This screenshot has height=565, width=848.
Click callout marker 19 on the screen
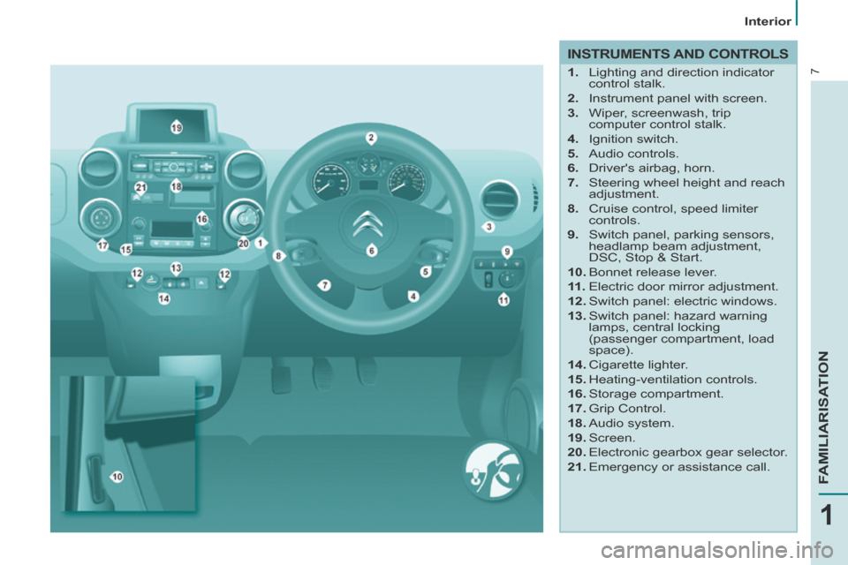177,128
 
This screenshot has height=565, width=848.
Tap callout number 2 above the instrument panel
371,138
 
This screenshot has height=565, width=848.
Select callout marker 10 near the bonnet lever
117,477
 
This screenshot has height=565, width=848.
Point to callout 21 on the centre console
140,187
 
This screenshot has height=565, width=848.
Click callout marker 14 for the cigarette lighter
164,298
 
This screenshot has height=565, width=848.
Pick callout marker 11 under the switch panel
503,299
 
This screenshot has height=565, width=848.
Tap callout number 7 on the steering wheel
324,285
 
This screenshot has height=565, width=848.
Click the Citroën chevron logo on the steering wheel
368,224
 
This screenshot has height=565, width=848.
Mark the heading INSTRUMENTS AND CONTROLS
678,54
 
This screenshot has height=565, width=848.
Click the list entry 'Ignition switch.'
632,139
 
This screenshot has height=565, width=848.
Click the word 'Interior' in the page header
768,21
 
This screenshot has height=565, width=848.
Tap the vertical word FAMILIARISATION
823,417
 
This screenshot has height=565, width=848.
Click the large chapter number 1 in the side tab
827,516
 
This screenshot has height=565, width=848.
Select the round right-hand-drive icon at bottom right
493,470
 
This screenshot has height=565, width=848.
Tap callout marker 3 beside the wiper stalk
488,227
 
